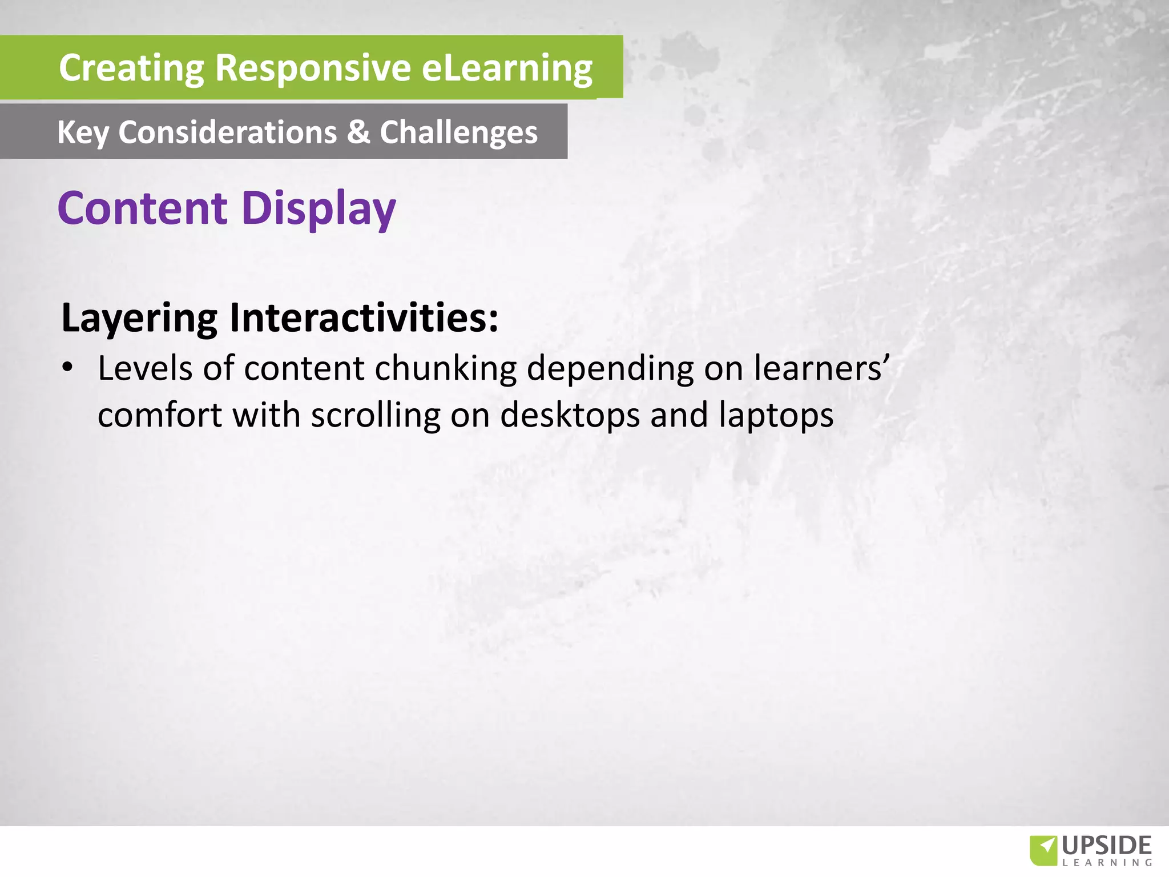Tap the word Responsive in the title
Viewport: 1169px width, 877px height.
pyautogui.click(x=313, y=68)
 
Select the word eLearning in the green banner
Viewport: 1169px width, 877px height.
pyautogui.click(x=507, y=68)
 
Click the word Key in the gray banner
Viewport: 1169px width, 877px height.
pyautogui.click(x=83, y=133)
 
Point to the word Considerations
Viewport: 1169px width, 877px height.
pyautogui.click(x=228, y=132)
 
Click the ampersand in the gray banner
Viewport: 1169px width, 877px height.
pyautogui.click(x=358, y=132)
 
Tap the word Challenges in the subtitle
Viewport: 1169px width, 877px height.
pyautogui.click(x=459, y=133)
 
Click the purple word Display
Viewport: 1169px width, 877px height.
pyautogui.click(x=319, y=209)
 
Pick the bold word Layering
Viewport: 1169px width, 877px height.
pyautogui.click(x=139, y=318)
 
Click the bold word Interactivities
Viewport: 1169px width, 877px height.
pyautogui.click(x=364, y=317)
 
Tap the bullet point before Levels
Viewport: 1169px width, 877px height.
pyautogui.click(x=68, y=368)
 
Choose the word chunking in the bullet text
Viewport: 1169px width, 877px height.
pyautogui.click(x=445, y=368)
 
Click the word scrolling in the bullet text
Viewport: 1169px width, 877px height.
pyautogui.click(x=376, y=415)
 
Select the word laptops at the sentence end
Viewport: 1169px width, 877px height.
pyautogui.click(x=776, y=415)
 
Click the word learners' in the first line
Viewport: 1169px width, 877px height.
pyautogui.click(x=821, y=368)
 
